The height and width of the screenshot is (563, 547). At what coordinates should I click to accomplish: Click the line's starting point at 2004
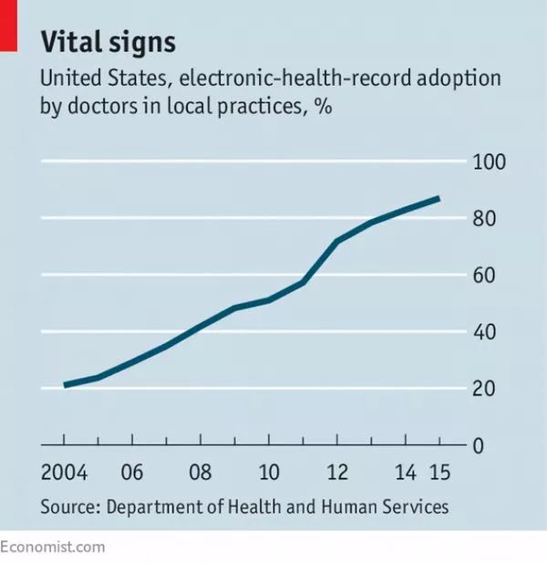[66, 385]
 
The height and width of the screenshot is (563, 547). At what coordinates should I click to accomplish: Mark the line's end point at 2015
[439, 198]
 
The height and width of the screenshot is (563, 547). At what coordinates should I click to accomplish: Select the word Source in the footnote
[68, 506]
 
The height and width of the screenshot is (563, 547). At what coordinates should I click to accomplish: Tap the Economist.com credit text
[52, 547]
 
